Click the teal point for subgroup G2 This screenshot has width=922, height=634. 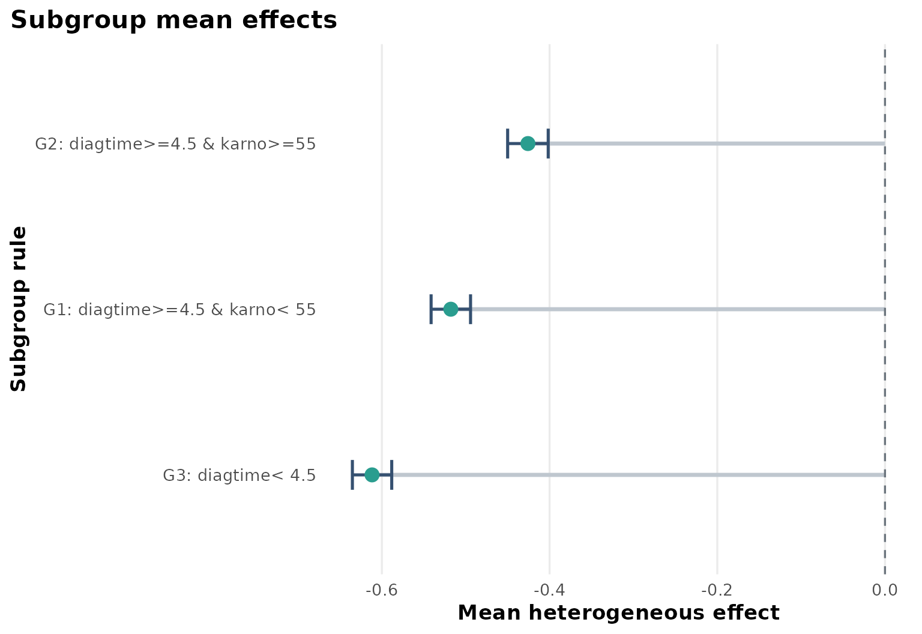(528, 143)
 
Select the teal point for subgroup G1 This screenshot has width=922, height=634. (451, 309)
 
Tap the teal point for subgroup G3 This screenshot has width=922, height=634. (372, 475)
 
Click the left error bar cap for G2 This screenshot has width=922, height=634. (508, 143)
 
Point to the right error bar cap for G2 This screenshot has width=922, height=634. (548, 143)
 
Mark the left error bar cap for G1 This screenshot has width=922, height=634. (431, 309)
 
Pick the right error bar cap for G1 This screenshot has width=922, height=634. (471, 309)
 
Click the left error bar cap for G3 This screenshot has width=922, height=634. (352, 475)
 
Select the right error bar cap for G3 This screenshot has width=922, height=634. (392, 475)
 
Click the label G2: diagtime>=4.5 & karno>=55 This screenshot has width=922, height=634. (175, 144)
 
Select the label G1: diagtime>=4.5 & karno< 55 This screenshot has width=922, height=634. (179, 310)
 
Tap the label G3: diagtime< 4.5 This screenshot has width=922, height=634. (239, 475)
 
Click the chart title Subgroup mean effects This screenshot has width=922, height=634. (174, 20)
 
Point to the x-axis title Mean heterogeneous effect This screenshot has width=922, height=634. (618, 613)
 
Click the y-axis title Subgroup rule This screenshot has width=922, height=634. (19, 309)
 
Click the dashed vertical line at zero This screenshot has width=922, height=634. (885, 240)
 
